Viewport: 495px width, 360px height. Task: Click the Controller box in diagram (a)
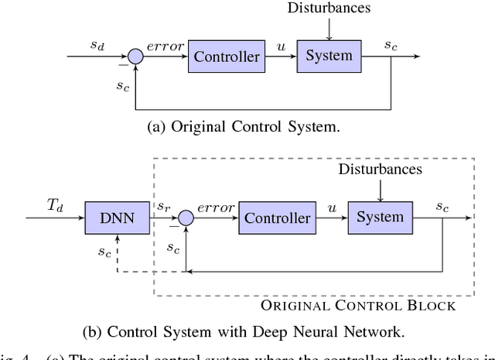(226, 57)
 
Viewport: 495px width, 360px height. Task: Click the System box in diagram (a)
(329, 57)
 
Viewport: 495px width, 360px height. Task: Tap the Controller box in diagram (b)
(277, 218)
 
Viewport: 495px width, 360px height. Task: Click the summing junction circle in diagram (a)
(135, 57)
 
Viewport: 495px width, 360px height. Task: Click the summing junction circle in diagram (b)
(186, 219)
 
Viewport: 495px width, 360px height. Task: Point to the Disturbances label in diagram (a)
(329, 9)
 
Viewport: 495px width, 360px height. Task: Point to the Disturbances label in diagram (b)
(381, 168)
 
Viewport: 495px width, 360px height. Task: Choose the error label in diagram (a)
(166, 47)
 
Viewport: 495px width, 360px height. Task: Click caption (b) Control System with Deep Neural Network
(242, 333)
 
